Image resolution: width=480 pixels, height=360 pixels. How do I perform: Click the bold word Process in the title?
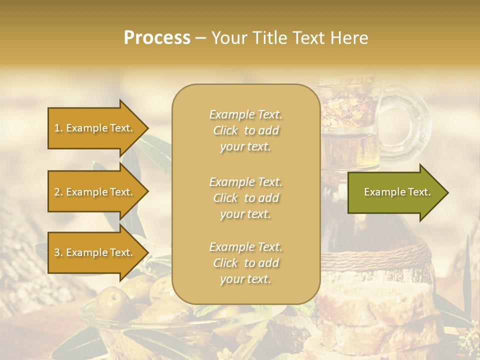tap(157, 38)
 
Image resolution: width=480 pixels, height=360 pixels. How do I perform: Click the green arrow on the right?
tap(395, 192)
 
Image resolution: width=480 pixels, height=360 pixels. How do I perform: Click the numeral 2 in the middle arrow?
tap(56, 192)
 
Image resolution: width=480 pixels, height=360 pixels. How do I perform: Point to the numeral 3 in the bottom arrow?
tap(56, 252)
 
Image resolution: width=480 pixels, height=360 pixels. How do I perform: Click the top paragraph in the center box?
tap(245, 130)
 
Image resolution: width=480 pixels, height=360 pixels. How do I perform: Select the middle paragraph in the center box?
tap(245, 198)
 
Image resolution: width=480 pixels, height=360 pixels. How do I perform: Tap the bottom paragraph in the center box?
tap(245, 263)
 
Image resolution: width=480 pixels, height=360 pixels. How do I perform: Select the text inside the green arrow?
tap(397, 192)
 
